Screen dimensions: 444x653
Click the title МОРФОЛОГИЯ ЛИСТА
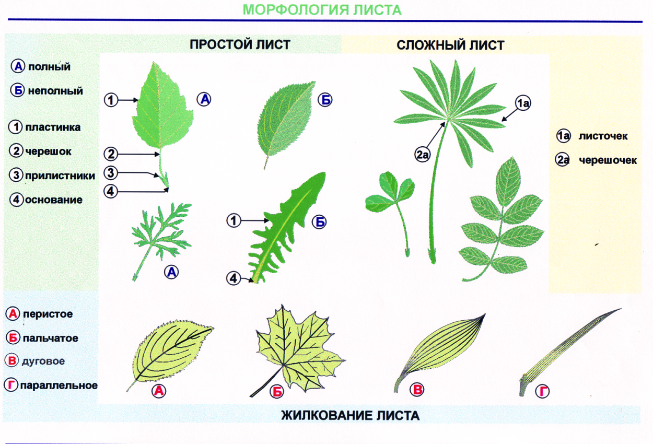tap(322, 10)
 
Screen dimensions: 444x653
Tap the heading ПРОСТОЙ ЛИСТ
tap(240, 44)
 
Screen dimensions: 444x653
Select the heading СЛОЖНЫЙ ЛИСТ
tap(450, 45)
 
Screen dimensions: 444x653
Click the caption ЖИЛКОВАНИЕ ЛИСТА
tap(350, 416)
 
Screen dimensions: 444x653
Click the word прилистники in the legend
tap(60, 176)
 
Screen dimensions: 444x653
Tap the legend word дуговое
tap(43, 361)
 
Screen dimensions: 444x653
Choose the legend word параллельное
tap(59, 385)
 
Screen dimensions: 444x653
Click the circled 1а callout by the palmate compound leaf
tap(523, 104)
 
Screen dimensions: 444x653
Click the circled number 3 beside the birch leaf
tap(110, 172)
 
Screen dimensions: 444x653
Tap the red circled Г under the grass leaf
tap(544, 391)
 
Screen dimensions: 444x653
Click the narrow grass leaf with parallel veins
tap(569, 347)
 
